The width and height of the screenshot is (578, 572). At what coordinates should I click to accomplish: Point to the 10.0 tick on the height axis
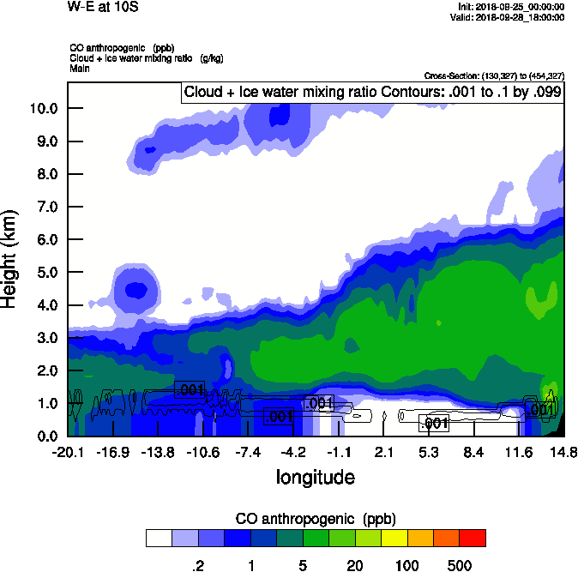[43, 108]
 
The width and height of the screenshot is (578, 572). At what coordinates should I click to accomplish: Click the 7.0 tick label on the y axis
[46, 207]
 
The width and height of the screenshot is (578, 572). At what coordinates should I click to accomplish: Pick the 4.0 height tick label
[46, 305]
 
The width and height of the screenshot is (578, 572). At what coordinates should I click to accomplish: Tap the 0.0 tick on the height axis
[46, 436]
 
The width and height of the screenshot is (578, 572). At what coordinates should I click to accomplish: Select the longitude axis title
[315, 477]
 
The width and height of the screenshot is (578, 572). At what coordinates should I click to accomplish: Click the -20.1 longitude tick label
[67, 452]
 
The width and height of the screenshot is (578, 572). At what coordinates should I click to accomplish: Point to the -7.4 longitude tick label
[250, 452]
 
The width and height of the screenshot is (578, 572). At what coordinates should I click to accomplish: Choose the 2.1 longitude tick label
[384, 452]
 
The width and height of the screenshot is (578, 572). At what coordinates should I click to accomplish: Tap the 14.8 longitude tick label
[563, 452]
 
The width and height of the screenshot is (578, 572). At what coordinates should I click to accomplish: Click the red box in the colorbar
[473, 538]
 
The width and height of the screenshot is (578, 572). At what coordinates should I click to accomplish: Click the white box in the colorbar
[159, 538]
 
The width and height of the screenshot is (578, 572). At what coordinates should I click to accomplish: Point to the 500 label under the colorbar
[460, 565]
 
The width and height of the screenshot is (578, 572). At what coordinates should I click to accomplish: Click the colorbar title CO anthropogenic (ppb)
[315, 519]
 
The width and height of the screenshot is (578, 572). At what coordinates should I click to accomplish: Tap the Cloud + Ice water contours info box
[372, 92]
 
